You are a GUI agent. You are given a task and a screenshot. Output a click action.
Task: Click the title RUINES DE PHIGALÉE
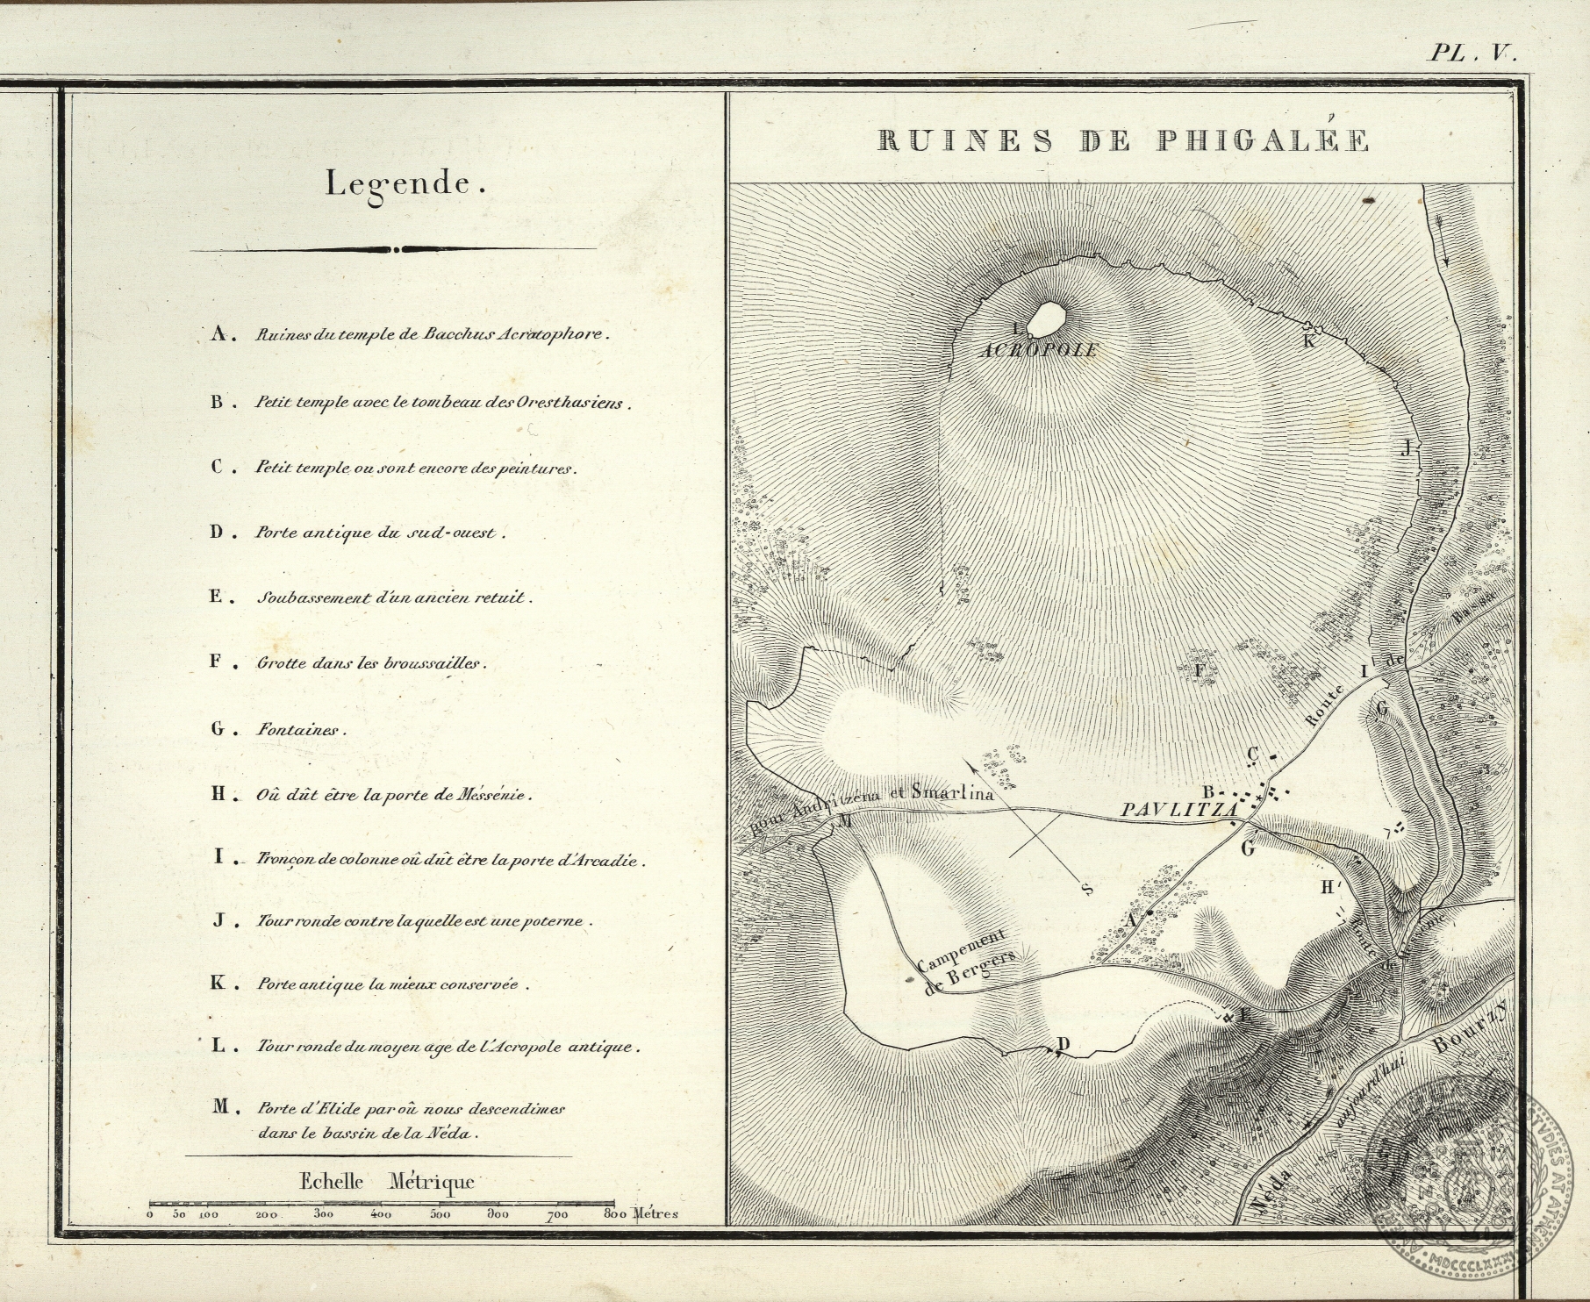click(x=1123, y=141)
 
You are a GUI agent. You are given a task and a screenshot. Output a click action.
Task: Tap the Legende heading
click(x=405, y=185)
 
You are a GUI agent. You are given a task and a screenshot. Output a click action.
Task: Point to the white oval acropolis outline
click(x=1044, y=319)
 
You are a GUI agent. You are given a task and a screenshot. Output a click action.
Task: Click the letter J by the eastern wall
click(x=1406, y=449)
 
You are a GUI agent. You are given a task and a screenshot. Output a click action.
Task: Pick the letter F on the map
click(x=1200, y=670)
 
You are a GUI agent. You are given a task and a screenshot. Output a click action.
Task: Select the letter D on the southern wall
click(x=1064, y=1044)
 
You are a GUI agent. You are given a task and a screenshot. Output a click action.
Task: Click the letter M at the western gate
click(x=844, y=821)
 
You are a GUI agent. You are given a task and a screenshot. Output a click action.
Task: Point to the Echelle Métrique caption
click(x=386, y=1181)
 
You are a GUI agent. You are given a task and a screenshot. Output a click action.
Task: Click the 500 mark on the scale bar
click(x=440, y=1215)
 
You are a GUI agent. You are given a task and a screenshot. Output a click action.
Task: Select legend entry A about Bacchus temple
click(x=409, y=335)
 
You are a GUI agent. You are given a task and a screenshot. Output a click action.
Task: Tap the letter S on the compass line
click(x=1087, y=890)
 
